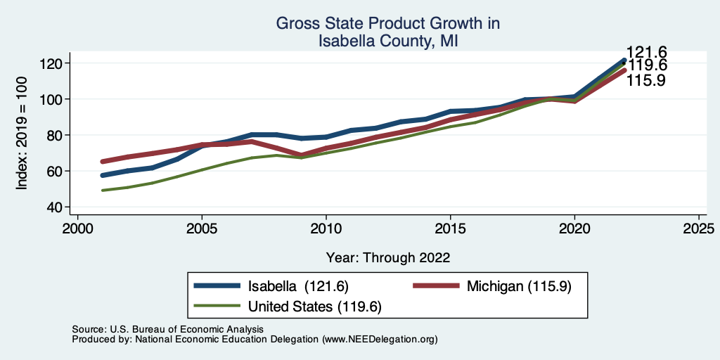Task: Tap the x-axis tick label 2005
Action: click(x=202, y=229)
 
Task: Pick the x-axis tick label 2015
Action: click(x=450, y=229)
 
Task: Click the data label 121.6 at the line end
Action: click(x=647, y=52)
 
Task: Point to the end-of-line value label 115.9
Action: click(x=647, y=81)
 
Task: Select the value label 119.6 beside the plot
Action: click(x=647, y=66)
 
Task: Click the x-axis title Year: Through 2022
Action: click(x=388, y=257)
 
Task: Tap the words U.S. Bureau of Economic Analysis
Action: click(x=185, y=329)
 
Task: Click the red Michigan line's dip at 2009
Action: click(x=301, y=155)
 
